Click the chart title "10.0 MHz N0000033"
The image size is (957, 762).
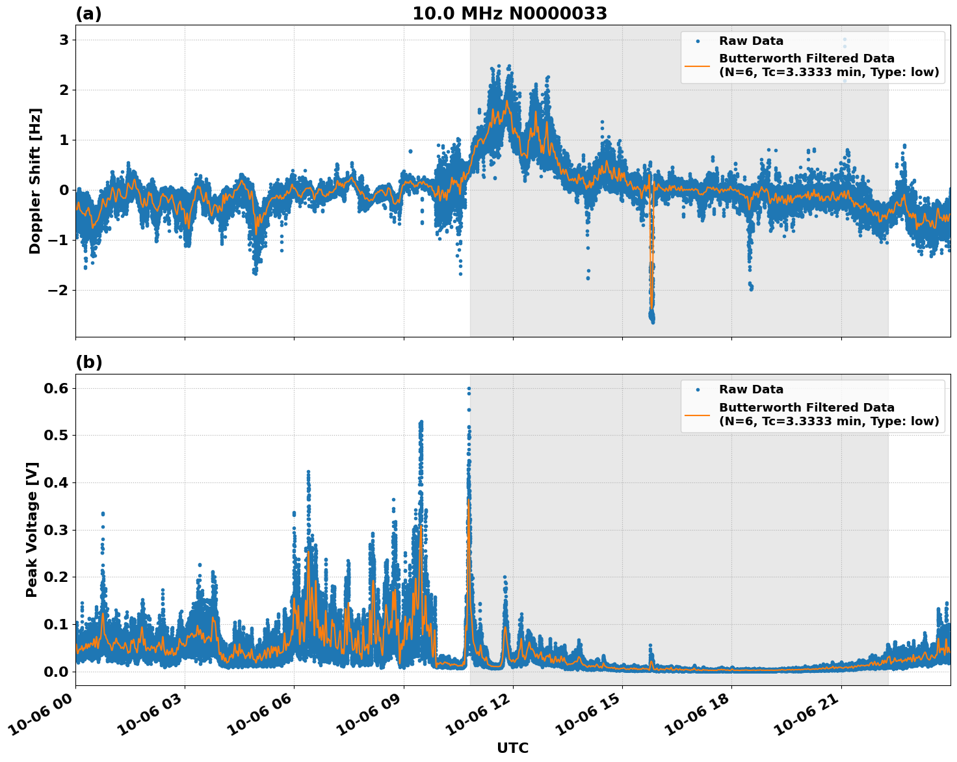click(x=510, y=14)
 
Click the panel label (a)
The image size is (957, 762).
click(x=88, y=14)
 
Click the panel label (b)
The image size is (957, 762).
click(x=88, y=362)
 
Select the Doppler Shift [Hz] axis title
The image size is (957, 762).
click(x=35, y=181)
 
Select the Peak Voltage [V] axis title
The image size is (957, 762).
click(x=32, y=529)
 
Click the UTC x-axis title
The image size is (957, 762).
click(x=512, y=748)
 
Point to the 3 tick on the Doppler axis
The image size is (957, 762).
click(x=64, y=40)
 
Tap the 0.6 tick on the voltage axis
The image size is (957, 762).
click(x=56, y=388)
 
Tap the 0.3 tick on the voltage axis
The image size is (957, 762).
click(x=56, y=530)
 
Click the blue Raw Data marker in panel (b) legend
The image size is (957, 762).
click(x=698, y=390)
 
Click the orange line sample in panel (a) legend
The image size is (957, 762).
click(x=698, y=66)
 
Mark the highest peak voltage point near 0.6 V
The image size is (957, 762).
click(x=469, y=389)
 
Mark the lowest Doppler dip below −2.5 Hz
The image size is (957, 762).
click(x=653, y=321)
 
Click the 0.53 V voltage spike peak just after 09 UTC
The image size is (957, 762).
click(x=421, y=422)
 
